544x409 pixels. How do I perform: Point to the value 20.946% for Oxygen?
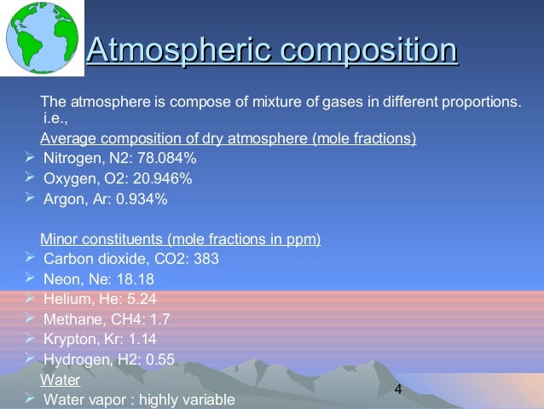[163, 178]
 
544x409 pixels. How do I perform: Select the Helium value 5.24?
[142, 299]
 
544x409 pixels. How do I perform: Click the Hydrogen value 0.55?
[160, 359]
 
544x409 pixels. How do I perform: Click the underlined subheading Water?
[61, 379]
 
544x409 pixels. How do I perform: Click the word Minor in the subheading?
[58, 240]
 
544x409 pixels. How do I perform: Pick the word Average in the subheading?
[67, 138]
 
